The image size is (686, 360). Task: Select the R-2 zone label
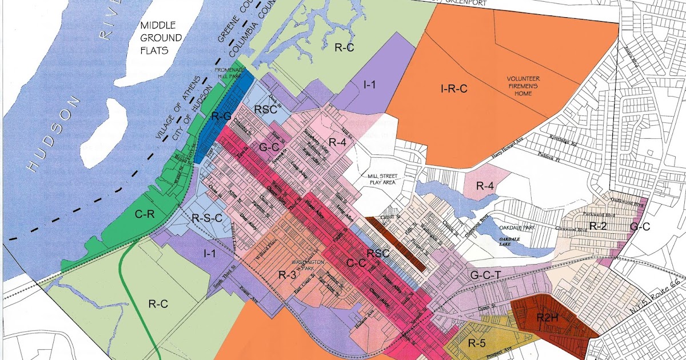597,226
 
